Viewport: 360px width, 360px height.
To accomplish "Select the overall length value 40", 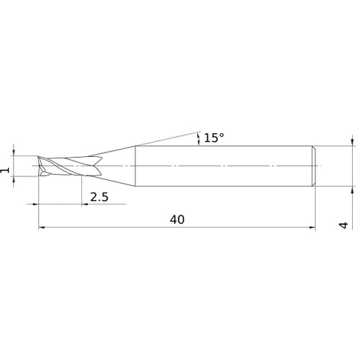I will tap(176, 220).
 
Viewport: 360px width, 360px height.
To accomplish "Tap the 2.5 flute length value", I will tap(99, 197).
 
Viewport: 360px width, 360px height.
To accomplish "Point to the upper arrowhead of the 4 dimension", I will tap(351, 142).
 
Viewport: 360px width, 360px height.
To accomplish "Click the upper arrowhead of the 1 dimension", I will tap(13, 151).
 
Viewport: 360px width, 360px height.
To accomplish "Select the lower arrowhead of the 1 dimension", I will tap(13, 179).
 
